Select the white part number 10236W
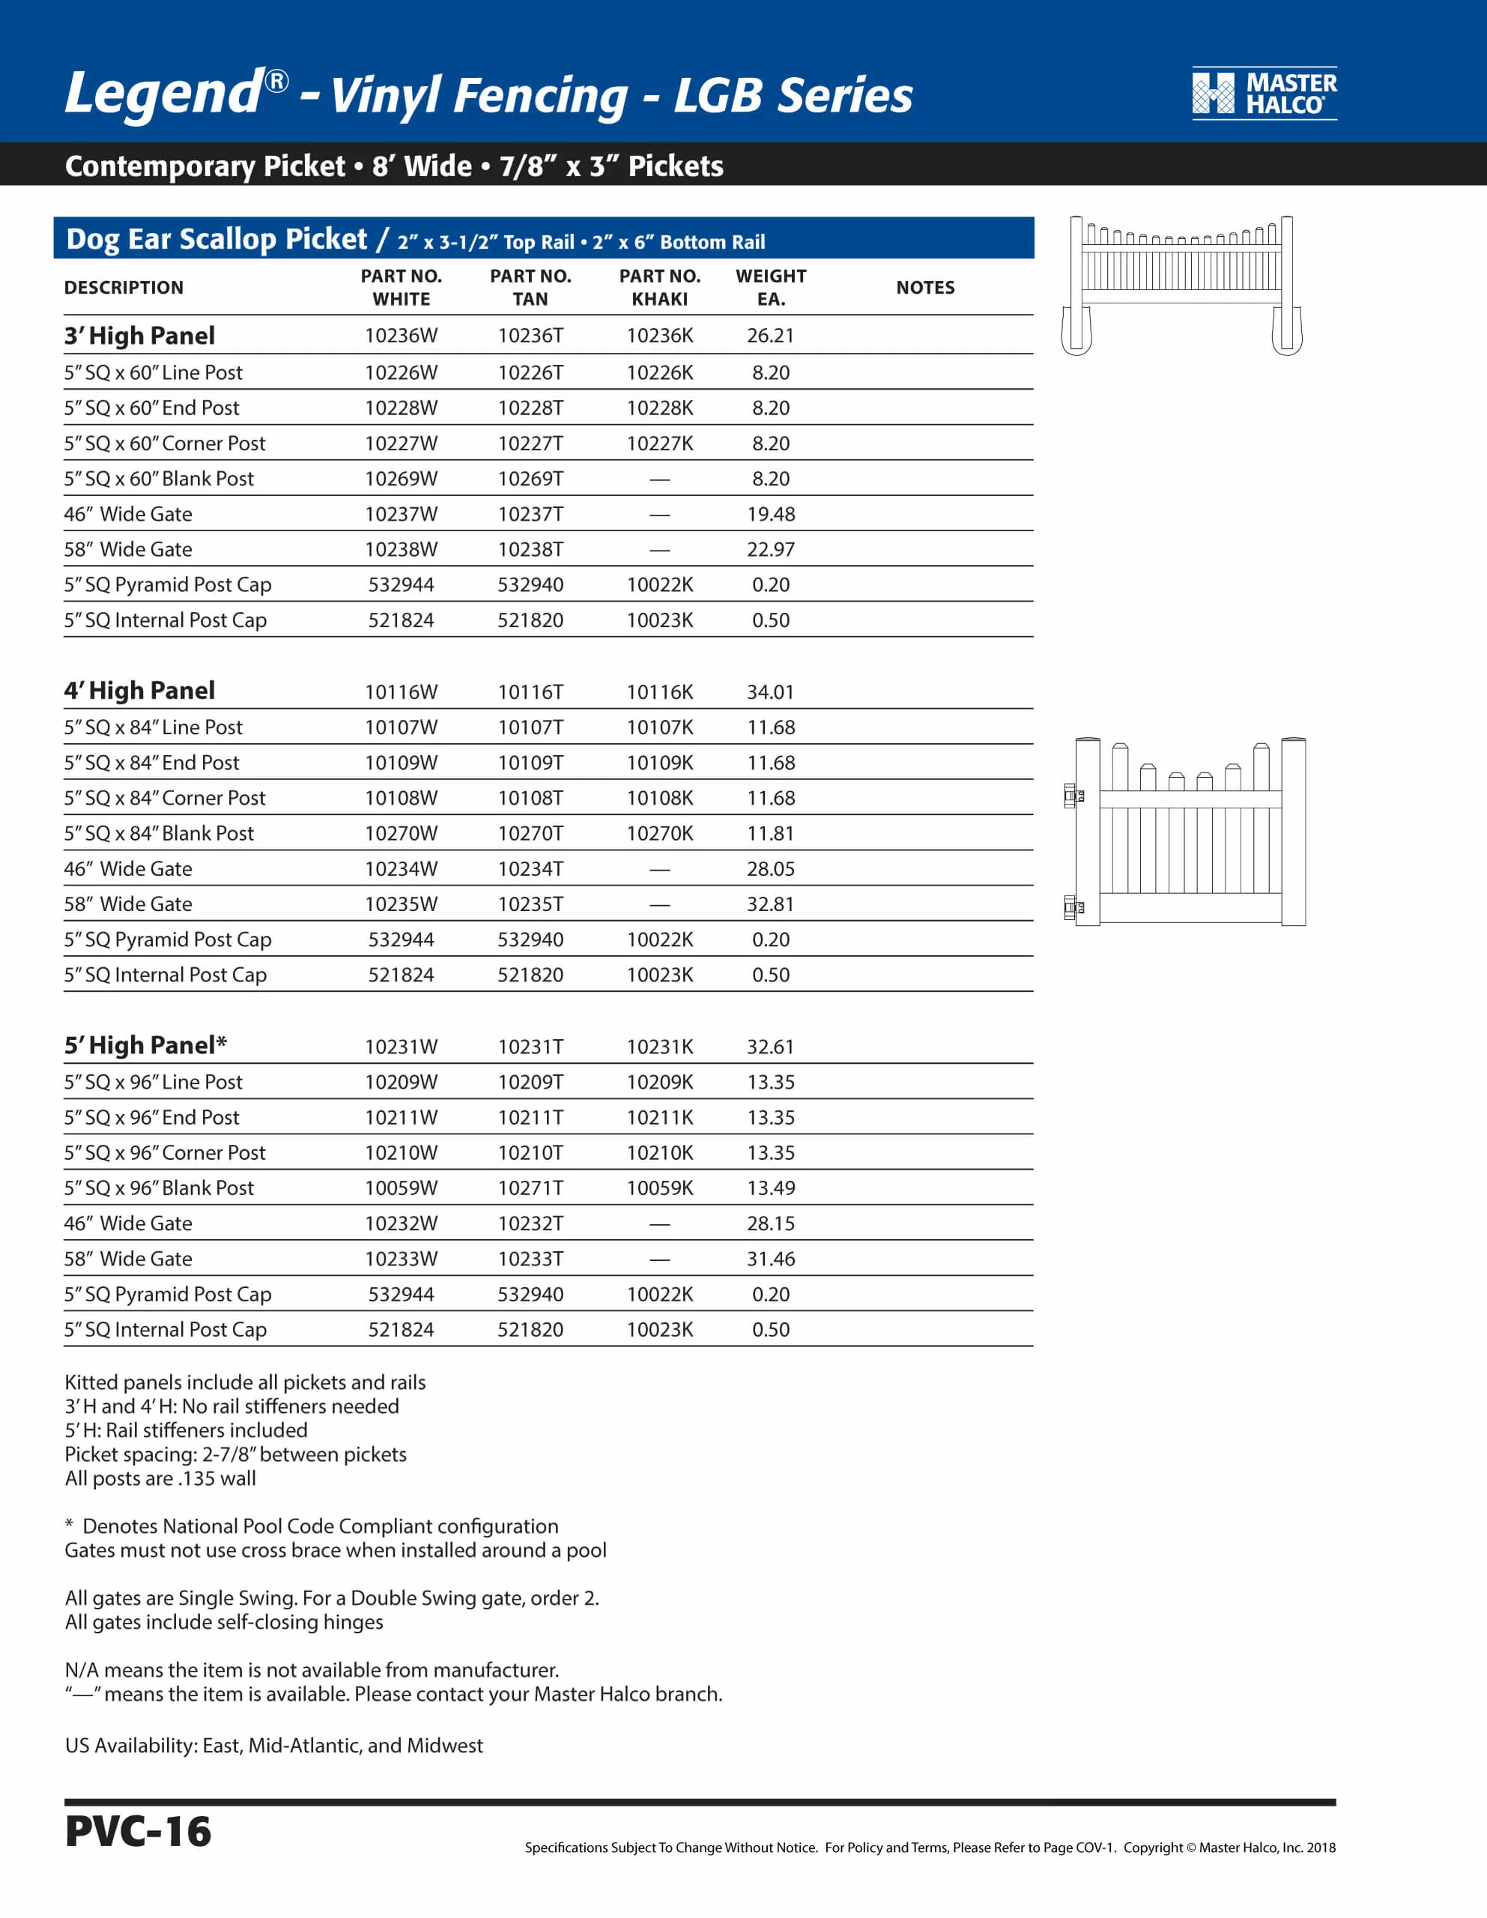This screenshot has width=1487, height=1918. click(401, 336)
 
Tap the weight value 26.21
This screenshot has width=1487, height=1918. click(770, 336)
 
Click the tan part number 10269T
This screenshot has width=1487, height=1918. click(530, 479)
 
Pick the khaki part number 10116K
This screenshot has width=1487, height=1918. click(660, 692)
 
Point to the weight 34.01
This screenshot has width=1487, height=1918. click(770, 692)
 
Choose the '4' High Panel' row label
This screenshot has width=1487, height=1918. click(139, 691)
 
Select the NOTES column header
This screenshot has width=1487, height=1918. click(925, 287)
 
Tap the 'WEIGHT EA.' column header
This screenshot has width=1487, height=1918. click(770, 287)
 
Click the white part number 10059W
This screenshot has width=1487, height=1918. click(401, 1188)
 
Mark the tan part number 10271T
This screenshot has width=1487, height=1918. click(530, 1188)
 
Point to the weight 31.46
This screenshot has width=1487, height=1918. click(770, 1259)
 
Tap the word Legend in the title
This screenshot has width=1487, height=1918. click(163, 93)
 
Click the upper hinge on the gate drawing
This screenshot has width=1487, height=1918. click(1073, 796)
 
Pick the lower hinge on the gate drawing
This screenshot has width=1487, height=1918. click(1073, 907)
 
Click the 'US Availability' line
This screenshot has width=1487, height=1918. click(274, 1745)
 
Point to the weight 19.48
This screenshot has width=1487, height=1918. click(770, 514)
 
